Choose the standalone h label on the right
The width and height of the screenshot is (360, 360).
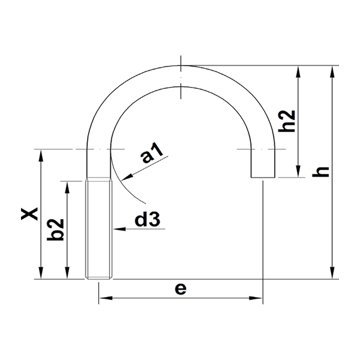coord(322,171)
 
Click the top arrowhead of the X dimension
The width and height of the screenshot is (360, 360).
coord(40,154)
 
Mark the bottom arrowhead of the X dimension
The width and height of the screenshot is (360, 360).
coord(40,274)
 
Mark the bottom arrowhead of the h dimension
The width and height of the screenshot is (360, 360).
coord(332,274)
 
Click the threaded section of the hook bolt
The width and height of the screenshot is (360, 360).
coord(99,228)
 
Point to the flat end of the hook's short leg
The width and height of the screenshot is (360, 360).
coord(263,177)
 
